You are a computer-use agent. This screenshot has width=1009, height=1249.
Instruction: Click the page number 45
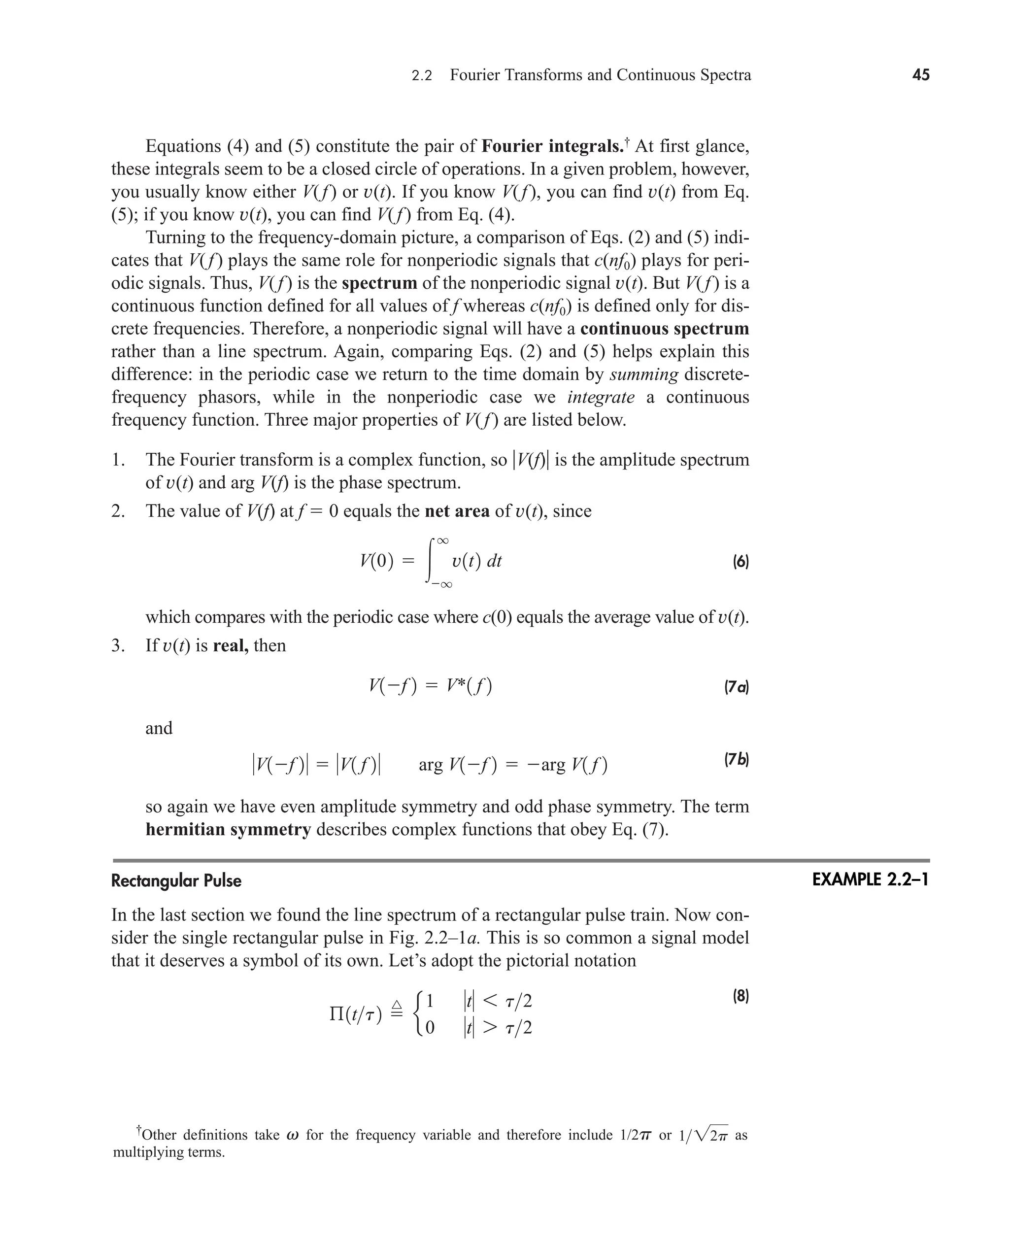(x=921, y=75)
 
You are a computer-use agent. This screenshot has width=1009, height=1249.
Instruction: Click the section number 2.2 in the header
(x=422, y=75)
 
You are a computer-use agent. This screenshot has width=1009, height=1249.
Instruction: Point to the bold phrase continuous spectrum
(x=664, y=329)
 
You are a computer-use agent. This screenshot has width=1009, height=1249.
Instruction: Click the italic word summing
(x=643, y=374)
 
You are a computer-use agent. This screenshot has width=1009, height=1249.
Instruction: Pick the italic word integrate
(x=601, y=397)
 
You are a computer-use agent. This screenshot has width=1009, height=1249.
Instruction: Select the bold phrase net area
(x=457, y=511)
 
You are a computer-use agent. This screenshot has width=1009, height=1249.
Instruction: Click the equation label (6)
(x=740, y=562)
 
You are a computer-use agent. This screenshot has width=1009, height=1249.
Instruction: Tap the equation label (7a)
(x=736, y=687)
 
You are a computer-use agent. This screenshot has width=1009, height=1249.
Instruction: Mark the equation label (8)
(x=740, y=997)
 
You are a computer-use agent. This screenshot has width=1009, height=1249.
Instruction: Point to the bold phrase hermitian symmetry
(x=229, y=829)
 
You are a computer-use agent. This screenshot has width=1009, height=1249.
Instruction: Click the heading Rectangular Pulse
(x=176, y=880)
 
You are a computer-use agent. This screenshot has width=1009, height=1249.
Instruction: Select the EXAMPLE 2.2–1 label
(x=870, y=880)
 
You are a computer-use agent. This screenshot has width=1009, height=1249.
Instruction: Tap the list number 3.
(x=117, y=646)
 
